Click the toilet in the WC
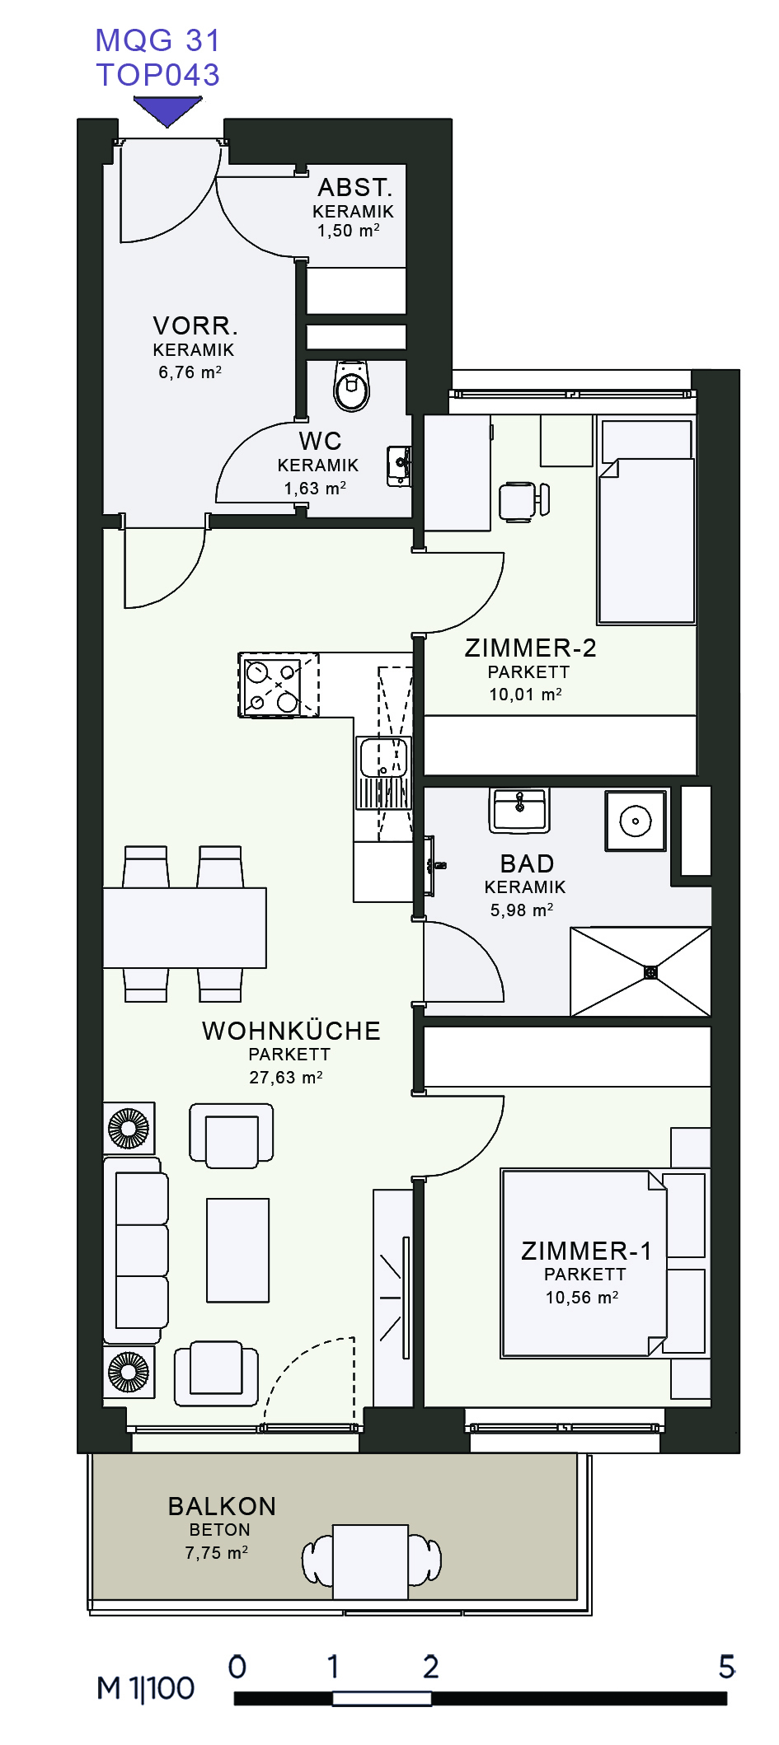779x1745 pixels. pyautogui.click(x=352, y=385)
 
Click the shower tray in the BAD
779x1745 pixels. pyautogui.click(x=641, y=972)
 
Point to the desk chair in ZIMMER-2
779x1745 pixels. pyautogui.click(x=524, y=501)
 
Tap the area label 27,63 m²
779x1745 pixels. pyautogui.click(x=286, y=1078)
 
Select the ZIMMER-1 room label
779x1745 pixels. pyautogui.click(x=586, y=1251)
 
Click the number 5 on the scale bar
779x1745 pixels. pyautogui.click(x=726, y=1667)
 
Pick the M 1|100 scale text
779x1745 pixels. pyautogui.click(x=146, y=1688)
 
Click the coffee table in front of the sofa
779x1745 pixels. pyautogui.click(x=238, y=1250)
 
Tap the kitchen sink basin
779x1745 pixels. pyautogui.click(x=383, y=757)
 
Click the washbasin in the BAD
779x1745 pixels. pyautogui.click(x=519, y=809)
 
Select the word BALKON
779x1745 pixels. pyautogui.click(x=222, y=1506)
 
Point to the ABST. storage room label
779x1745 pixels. pyautogui.click(x=355, y=187)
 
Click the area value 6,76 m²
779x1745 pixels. pyautogui.click(x=190, y=372)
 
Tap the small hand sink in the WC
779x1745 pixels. pyautogui.click(x=399, y=465)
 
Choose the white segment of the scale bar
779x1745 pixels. pyautogui.click(x=382, y=1698)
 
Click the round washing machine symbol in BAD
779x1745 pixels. pyautogui.click(x=636, y=821)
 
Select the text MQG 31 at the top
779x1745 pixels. pyautogui.click(x=157, y=40)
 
